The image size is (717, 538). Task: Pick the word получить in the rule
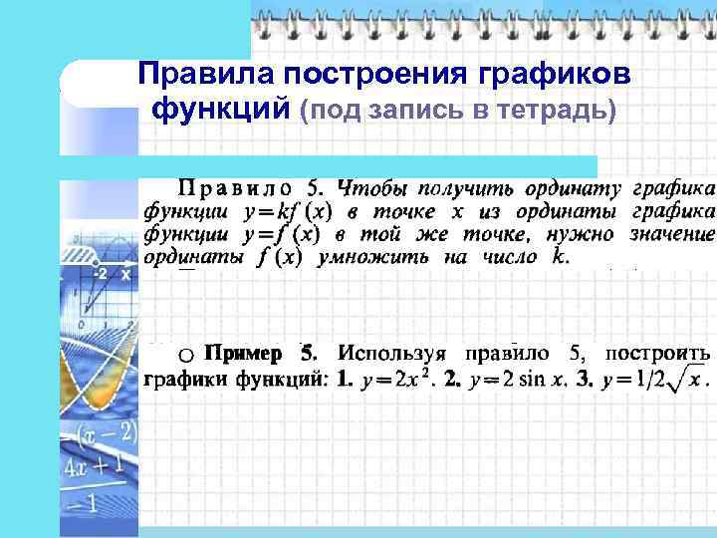point(459,188)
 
